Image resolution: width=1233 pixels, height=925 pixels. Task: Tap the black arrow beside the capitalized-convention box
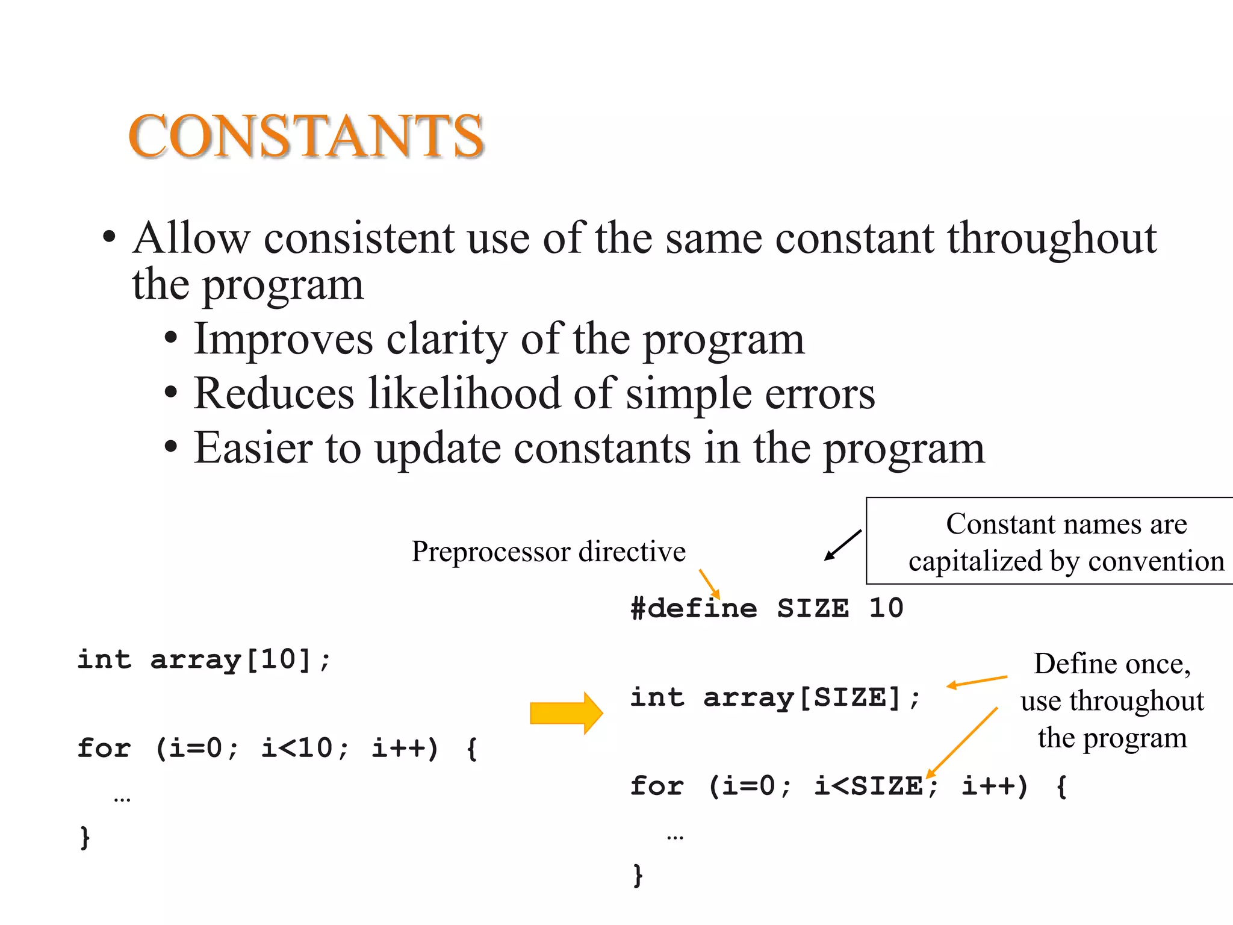tap(842, 546)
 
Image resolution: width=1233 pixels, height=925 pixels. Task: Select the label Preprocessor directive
tap(548, 551)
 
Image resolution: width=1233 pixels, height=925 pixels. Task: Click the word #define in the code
tap(694, 608)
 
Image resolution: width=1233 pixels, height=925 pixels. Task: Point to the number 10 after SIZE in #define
tap(886, 608)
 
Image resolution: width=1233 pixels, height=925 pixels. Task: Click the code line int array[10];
tap(204, 660)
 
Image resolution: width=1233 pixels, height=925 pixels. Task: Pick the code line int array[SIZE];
tap(775, 698)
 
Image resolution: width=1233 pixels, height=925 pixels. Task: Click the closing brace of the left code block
tap(85, 837)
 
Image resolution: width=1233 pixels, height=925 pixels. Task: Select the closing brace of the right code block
tap(638, 875)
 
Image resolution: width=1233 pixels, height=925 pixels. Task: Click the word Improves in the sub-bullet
tap(283, 340)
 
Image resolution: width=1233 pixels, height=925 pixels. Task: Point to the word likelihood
tap(464, 394)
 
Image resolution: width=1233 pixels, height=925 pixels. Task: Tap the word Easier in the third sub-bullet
tap(253, 448)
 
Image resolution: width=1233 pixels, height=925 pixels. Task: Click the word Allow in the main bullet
tap(191, 238)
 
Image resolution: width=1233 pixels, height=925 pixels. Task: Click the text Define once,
tap(1112, 664)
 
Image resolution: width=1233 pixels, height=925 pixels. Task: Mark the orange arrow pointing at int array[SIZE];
tap(976, 682)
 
